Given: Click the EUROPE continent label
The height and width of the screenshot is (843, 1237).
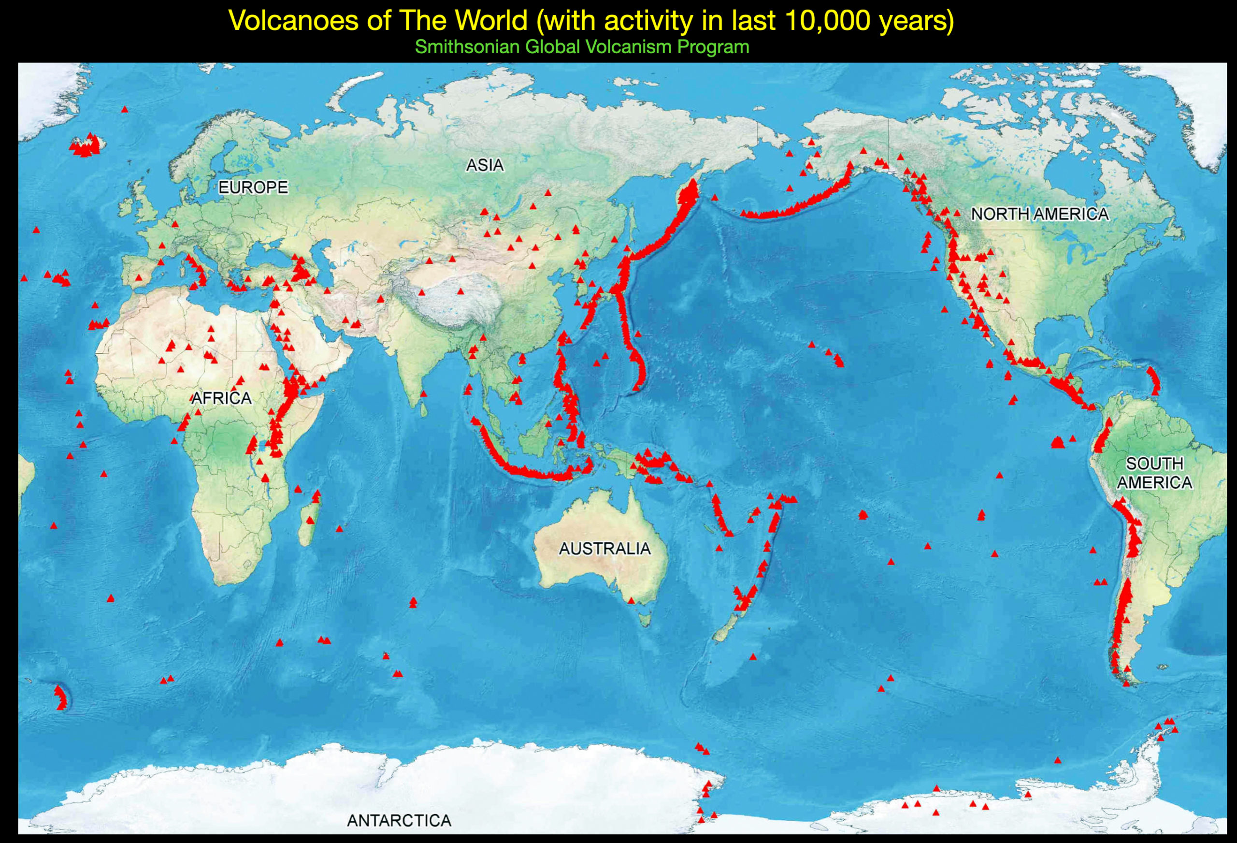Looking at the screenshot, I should [x=253, y=188].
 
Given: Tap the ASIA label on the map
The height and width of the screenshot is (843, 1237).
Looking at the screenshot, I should [x=484, y=165].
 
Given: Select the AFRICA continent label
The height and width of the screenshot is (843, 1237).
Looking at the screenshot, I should [x=221, y=398].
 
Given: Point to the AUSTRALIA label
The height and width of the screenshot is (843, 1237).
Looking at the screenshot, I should [x=604, y=549].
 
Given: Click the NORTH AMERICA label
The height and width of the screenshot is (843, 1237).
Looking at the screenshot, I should [x=1039, y=214].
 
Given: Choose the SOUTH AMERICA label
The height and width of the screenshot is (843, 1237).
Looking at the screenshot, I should [x=1154, y=473].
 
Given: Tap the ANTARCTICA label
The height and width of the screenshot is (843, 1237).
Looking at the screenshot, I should [x=399, y=821].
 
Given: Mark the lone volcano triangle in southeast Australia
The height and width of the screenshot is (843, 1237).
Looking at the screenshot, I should [x=631, y=601].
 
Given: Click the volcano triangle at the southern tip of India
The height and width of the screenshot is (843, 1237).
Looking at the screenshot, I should [x=423, y=394].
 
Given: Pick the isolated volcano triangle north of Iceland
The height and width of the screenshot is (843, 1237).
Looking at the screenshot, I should [x=125, y=109].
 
